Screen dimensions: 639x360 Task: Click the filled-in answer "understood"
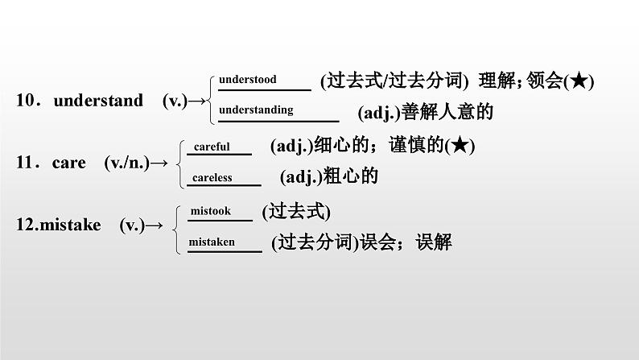pyautogui.click(x=247, y=79)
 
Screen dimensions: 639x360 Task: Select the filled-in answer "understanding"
pyautogui.click(x=256, y=110)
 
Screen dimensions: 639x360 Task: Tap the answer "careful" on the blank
pyautogui.click(x=212, y=147)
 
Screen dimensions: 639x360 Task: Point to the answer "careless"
pyautogui.click(x=212, y=177)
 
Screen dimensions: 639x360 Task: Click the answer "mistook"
pyautogui.click(x=210, y=211)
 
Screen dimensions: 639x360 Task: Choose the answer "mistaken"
pyautogui.click(x=212, y=241)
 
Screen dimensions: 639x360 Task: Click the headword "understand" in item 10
pyautogui.click(x=97, y=101)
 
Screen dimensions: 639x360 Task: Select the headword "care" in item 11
pyautogui.click(x=68, y=163)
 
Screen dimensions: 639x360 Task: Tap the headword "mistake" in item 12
pyautogui.click(x=69, y=226)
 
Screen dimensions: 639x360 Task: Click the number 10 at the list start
pyautogui.click(x=26, y=101)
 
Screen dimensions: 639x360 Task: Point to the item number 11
pyautogui.click(x=26, y=163)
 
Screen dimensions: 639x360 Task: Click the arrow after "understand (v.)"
pyautogui.click(x=197, y=101)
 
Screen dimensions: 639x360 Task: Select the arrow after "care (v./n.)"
pyautogui.click(x=159, y=163)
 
